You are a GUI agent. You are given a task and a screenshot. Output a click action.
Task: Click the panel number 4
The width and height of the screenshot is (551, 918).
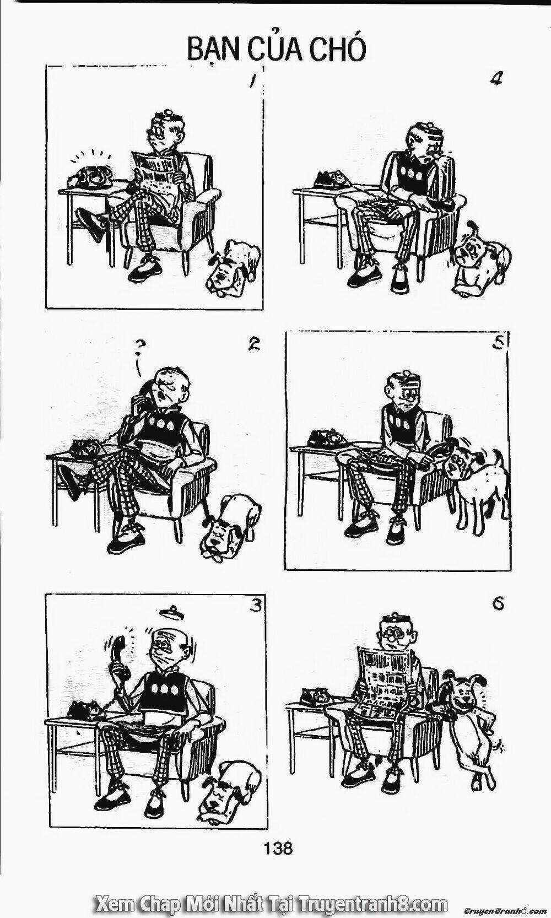click(498, 79)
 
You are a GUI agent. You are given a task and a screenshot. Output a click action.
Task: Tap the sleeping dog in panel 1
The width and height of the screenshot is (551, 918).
click(233, 267)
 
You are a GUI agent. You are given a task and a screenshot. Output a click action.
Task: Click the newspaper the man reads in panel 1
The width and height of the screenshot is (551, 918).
click(155, 172)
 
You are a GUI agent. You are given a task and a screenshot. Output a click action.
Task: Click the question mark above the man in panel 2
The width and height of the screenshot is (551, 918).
click(140, 353)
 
